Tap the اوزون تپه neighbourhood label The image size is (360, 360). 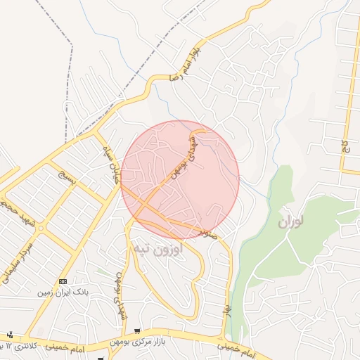coord(157,248)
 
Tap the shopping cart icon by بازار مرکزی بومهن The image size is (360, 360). coord(137,331)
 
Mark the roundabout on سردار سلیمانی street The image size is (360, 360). coord(41,229)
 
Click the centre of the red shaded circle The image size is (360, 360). coord(180,179)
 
